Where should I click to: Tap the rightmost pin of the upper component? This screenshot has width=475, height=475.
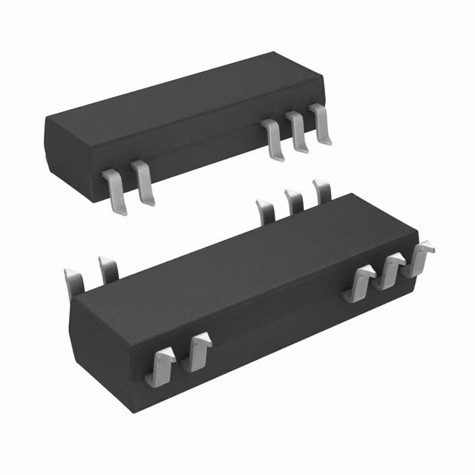click(x=322, y=125)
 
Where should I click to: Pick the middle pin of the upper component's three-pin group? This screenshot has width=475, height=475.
click(x=298, y=132)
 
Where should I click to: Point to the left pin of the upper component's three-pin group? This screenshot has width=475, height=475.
click(x=273, y=138)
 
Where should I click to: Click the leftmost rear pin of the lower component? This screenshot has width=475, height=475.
click(x=74, y=284)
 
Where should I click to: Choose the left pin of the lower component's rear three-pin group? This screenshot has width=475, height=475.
click(x=264, y=211)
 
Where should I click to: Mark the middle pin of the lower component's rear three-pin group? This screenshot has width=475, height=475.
click(x=292, y=201)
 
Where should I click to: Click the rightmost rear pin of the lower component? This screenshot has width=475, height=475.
click(x=322, y=191)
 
